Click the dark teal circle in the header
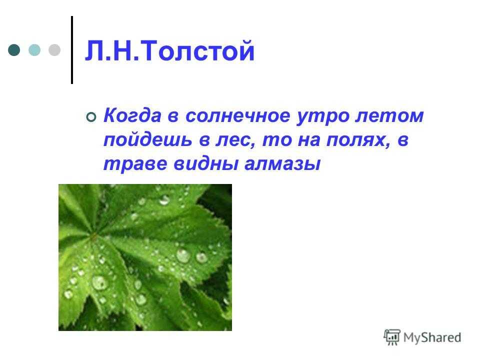[14, 50]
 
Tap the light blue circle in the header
[34, 50]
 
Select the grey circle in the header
[54, 50]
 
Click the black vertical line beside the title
[72, 50]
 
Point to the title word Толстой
[197, 51]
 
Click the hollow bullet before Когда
[91, 117]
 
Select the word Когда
[132, 115]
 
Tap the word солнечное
[238, 116]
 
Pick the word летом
[389, 116]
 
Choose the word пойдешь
[147, 140]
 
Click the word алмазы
[282, 164]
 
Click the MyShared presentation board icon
[391, 337]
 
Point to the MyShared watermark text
[432, 337]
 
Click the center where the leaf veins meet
[94, 235]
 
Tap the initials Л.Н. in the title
[112, 51]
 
